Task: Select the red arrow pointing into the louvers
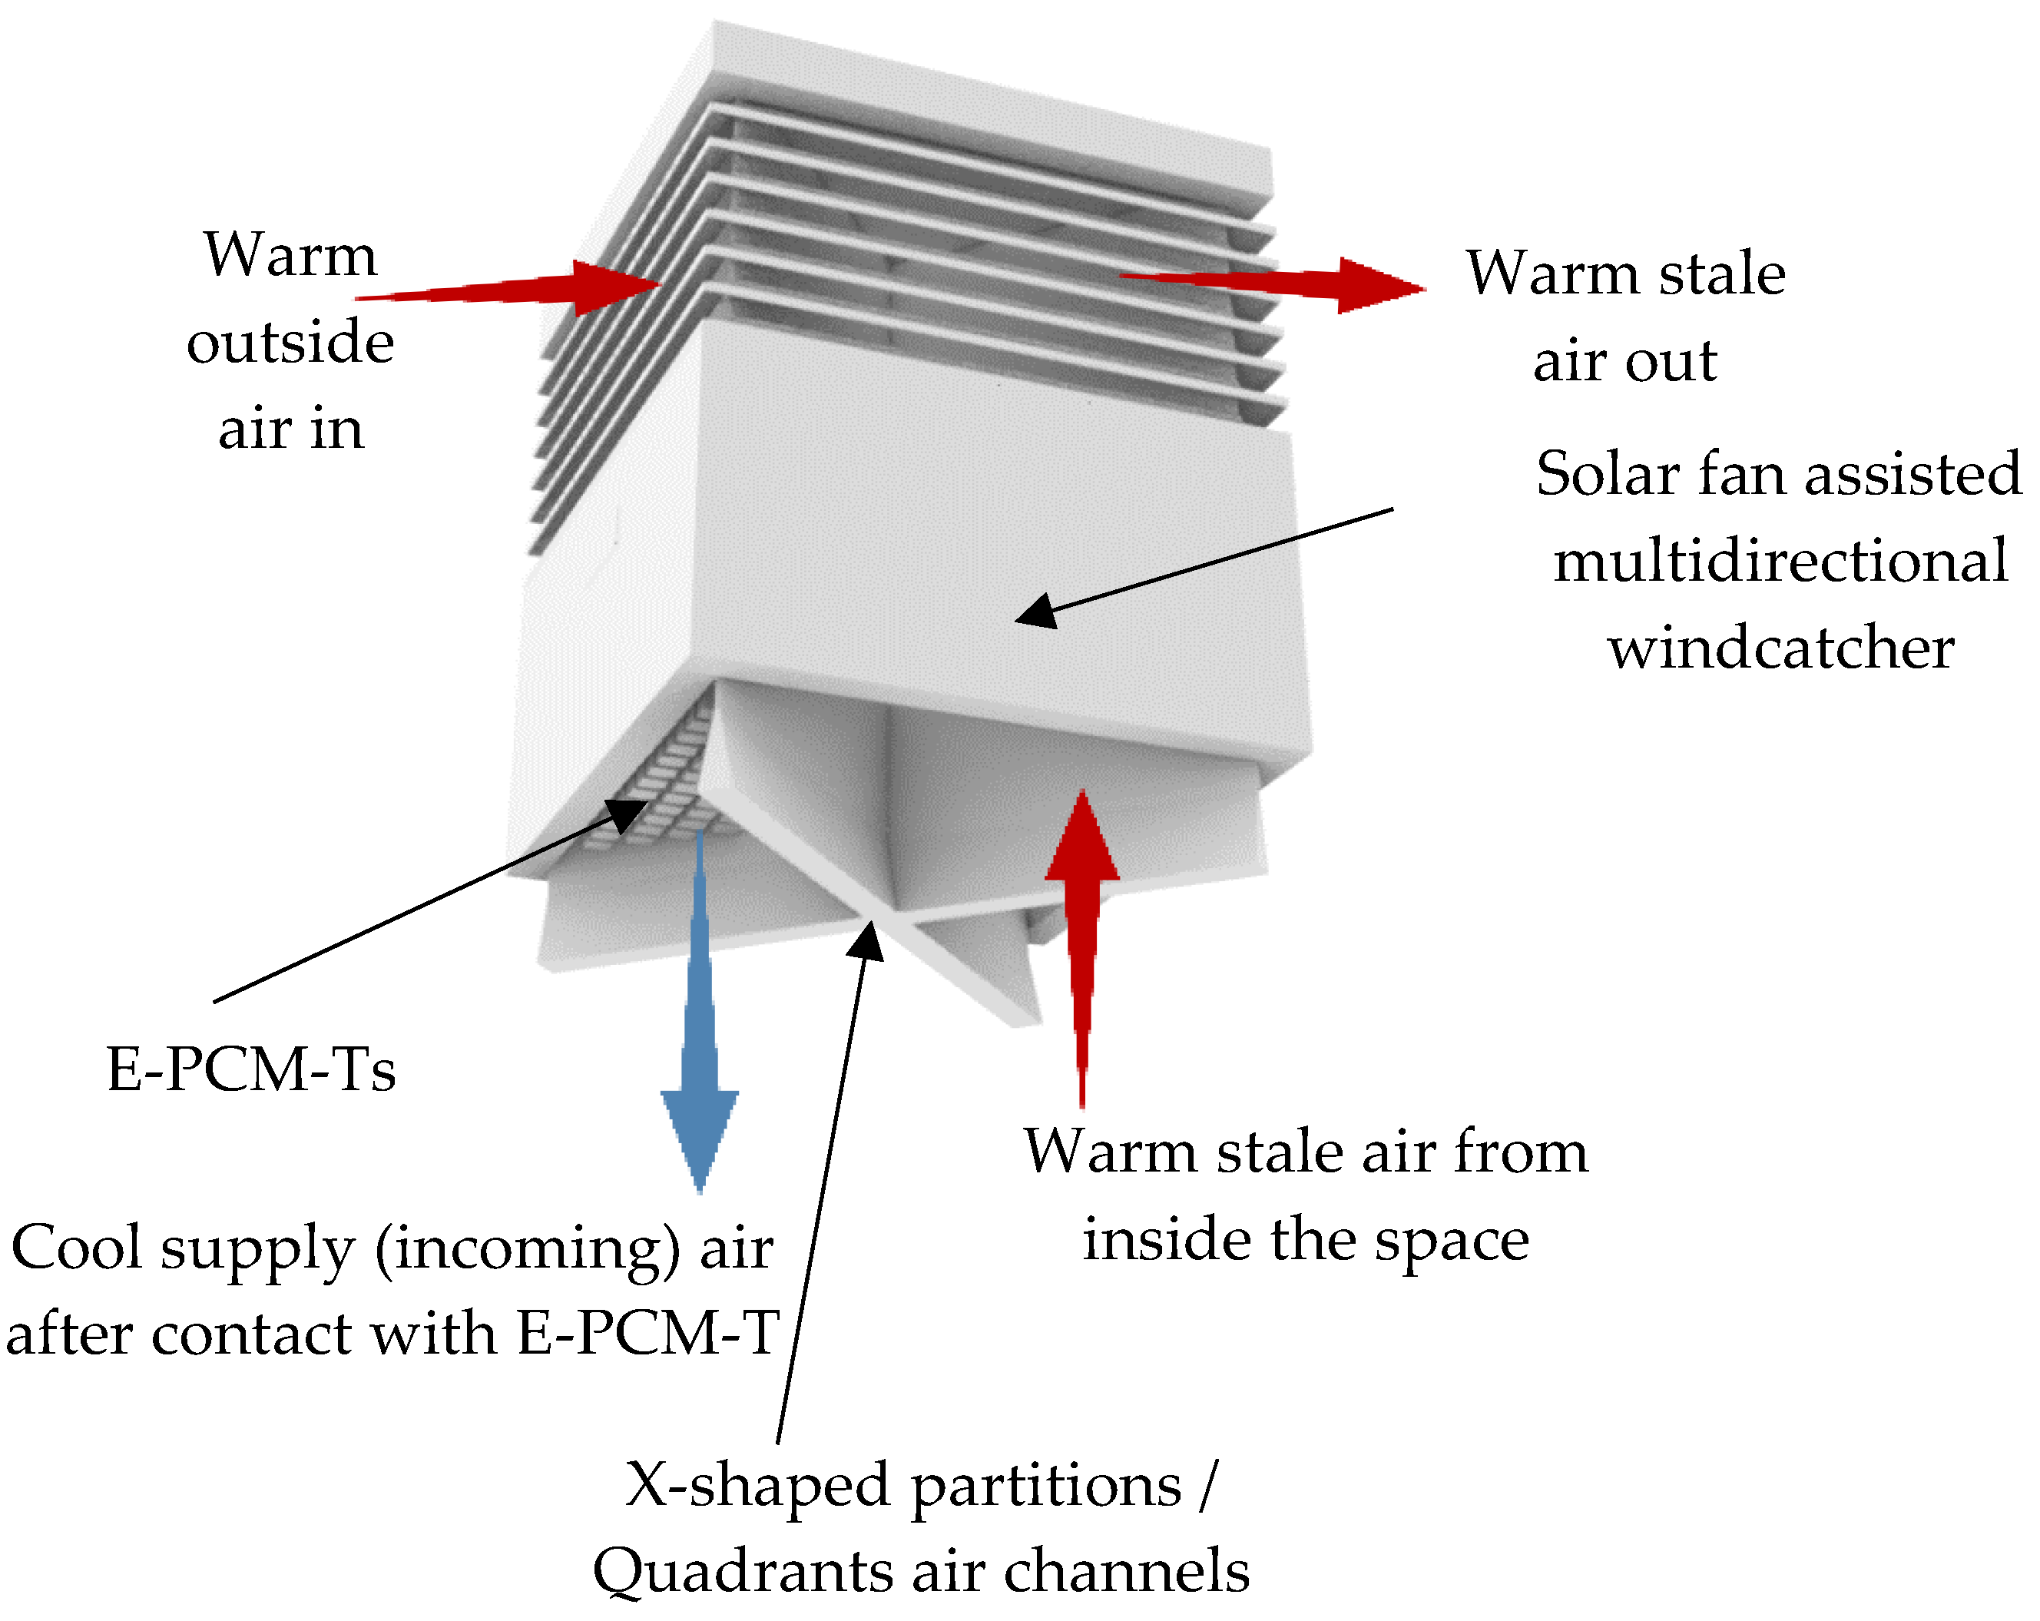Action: pos(530,289)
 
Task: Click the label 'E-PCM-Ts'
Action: pos(250,1070)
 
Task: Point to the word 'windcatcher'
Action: pos(1780,649)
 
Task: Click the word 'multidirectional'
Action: pos(1780,561)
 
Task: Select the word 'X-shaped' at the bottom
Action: pos(757,1485)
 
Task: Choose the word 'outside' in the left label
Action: pos(290,342)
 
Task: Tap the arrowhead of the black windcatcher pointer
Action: pos(1033,613)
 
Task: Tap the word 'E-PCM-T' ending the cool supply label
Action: pos(648,1334)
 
